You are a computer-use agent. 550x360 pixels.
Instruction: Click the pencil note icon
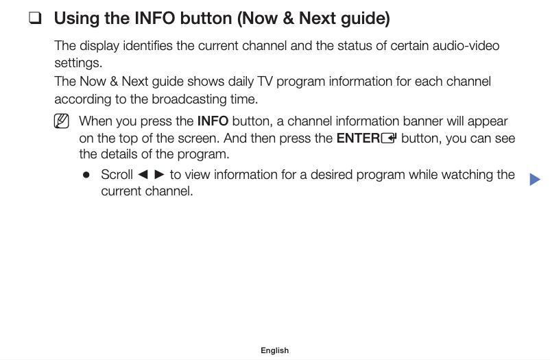pyautogui.click(x=61, y=122)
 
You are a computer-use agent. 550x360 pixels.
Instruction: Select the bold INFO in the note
pyautogui.click(x=213, y=121)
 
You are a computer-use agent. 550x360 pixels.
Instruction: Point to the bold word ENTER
pyautogui.click(x=358, y=139)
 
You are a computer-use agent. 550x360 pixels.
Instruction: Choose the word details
pyautogui.click(x=122, y=154)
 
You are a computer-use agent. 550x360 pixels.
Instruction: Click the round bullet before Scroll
pyautogui.click(x=86, y=175)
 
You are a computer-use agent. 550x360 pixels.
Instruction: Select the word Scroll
pyautogui.click(x=117, y=175)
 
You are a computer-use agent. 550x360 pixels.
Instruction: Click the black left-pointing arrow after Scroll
pyautogui.click(x=143, y=175)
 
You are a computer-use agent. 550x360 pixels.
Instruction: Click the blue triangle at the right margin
pyautogui.click(x=535, y=180)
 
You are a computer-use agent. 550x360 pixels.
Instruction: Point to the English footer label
pyautogui.click(x=274, y=350)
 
